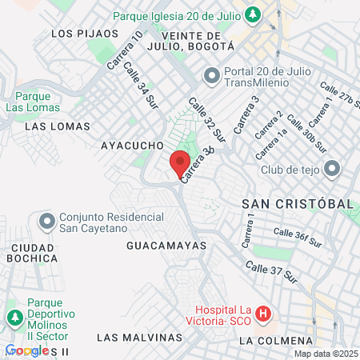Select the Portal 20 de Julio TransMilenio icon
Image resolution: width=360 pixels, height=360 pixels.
[x=212, y=76]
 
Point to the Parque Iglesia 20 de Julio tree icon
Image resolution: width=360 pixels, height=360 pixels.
[x=253, y=14]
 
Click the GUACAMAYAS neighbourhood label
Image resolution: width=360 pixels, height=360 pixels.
[x=166, y=246]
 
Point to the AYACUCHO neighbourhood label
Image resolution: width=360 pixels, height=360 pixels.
[x=132, y=146]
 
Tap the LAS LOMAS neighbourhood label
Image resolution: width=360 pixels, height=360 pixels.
[x=53, y=126]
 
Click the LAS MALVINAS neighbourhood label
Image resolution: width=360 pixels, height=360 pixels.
[x=134, y=338]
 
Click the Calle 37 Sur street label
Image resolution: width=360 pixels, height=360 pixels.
[x=271, y=273]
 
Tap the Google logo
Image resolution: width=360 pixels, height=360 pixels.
[x=26, y=350]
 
